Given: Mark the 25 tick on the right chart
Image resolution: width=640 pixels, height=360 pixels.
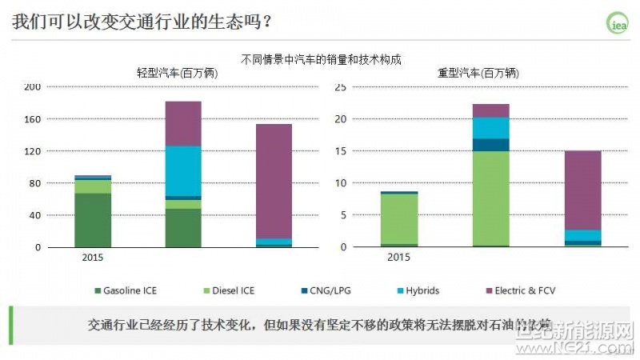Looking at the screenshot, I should coord(340,86).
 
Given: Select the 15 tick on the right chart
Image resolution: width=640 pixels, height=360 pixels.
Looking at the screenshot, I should coord(340,151).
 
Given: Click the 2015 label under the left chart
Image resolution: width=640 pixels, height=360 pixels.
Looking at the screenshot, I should coord(93,258).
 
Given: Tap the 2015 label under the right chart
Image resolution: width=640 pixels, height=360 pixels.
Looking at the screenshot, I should coord(398,258).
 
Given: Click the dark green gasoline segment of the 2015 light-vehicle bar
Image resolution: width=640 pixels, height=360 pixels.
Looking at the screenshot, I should coord(93,220).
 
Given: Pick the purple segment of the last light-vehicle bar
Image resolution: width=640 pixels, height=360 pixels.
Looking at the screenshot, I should coord(274,181).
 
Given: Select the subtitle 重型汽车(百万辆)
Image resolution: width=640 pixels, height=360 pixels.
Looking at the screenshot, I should coord(478,73).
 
